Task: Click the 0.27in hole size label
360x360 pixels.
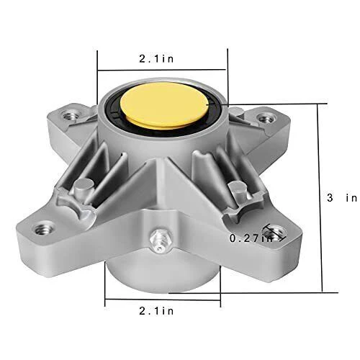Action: [248, 237]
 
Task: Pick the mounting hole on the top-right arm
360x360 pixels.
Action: [266, 115]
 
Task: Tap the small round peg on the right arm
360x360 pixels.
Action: [233, 189]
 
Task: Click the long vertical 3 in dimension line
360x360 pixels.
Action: [318, 194]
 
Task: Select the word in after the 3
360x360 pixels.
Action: [351, 197]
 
